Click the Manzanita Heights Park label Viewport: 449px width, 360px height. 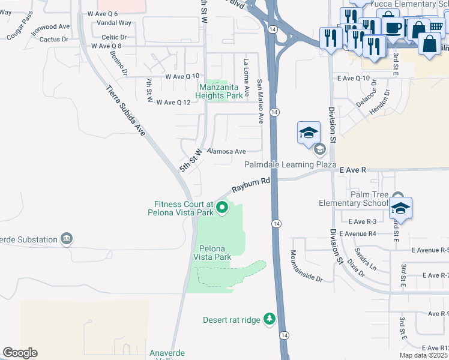pyautogui.click(x=221, y=91)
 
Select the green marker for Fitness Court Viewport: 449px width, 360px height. pyautogui.click(x=222, y=208)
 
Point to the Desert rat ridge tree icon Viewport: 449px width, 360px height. pyautogui.click(x=270, y=319)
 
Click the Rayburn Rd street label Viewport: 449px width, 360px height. pyautogui.click(x=251, y=184)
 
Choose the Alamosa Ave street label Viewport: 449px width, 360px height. pyautogui.click(x=226, y=152)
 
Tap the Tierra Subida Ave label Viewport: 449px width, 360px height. pyautogui.click(x=126, y=111)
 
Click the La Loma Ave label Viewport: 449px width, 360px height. pyautogui.click(x=246, y=75)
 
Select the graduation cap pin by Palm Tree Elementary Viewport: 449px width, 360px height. pyautogui.click(x=399, y=208)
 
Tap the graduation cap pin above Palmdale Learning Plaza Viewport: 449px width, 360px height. pyautogui.click(x=309, y=132)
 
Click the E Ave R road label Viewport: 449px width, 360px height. pyautogui.click(x=352, y=170)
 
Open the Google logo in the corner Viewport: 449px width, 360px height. pyautogui.click(x=20, y=353)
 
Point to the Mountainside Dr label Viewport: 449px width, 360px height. pyautogui.click(x=307, y=266)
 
